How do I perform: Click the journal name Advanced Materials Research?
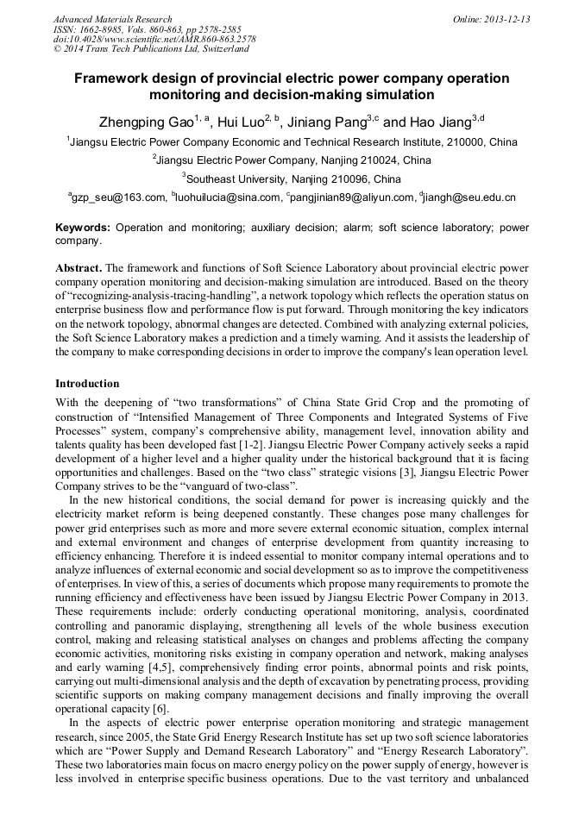click(x=112, y=19)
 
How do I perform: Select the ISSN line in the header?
click(x=148, y=29)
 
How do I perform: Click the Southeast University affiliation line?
click(x=292, y=179)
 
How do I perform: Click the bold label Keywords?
click(x=83, y=228)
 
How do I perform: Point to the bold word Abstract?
click(x=79, y=268)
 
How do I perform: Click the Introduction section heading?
click(x=87, y=384)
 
